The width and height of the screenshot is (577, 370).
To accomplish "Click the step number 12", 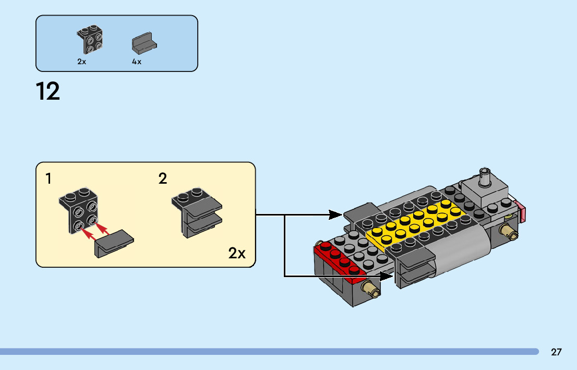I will (x=48, y=92).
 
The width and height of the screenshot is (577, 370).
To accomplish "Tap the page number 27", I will (x=556, y=352).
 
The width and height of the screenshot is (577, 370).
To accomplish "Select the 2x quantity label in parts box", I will (x=81, y=62).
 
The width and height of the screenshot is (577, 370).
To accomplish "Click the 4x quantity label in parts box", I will (x=137, y=62).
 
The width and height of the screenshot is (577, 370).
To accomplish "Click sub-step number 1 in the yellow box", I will (x=49, y=179).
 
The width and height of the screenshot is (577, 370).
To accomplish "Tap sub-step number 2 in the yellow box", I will (x=163, y=179).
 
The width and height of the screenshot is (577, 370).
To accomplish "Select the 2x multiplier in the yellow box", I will (x=237, y=254).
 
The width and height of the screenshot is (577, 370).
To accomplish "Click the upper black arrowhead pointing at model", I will (x=336, y=214).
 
